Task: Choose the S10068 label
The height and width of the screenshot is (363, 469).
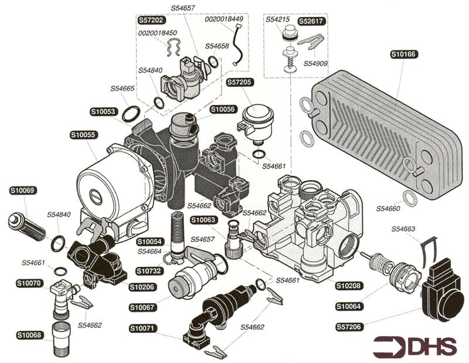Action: tap(29, 335)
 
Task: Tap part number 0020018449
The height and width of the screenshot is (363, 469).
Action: tap(224, 19)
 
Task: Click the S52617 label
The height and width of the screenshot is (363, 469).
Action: tap(312, 21)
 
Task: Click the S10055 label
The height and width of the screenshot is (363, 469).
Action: tap(82, 134)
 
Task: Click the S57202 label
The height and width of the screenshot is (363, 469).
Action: tap(151, 19)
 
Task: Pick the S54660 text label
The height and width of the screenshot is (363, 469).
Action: tap(388, 208)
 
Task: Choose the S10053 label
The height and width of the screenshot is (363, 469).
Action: tap(103, 111)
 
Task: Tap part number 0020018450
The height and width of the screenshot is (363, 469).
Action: tap(158, 33)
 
